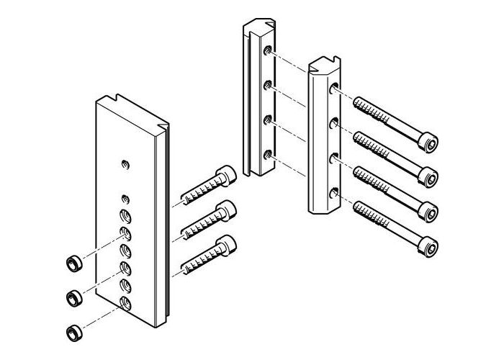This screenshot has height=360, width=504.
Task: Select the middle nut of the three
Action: [72, 296]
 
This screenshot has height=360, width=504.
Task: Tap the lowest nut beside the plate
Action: [72, 331]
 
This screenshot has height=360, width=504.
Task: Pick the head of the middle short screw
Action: [228, 210]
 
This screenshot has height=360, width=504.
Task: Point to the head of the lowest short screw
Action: [228, 244]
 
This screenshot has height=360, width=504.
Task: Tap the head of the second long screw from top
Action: [429, 177]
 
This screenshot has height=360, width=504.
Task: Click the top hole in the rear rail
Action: [268, 52]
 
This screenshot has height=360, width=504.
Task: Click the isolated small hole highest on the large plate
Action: [125, 164]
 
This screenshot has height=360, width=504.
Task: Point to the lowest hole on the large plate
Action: [125, 302]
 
